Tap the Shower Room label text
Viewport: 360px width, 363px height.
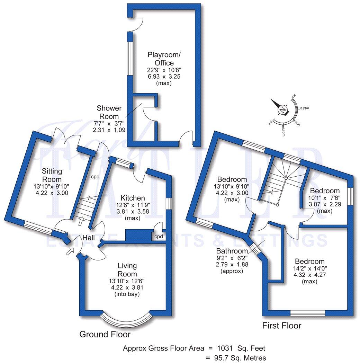[107, 112]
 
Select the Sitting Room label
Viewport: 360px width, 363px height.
[52, 175]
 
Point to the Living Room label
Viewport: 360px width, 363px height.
[127, 270]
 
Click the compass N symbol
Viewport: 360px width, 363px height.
[283, 110]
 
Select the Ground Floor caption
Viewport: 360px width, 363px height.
[105, 334]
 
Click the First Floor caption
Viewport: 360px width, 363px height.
[281, 326]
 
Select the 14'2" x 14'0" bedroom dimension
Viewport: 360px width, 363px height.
[309, 268]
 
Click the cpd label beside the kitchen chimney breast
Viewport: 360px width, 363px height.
[159, 237]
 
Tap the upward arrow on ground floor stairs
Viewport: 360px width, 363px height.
[82, 219]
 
